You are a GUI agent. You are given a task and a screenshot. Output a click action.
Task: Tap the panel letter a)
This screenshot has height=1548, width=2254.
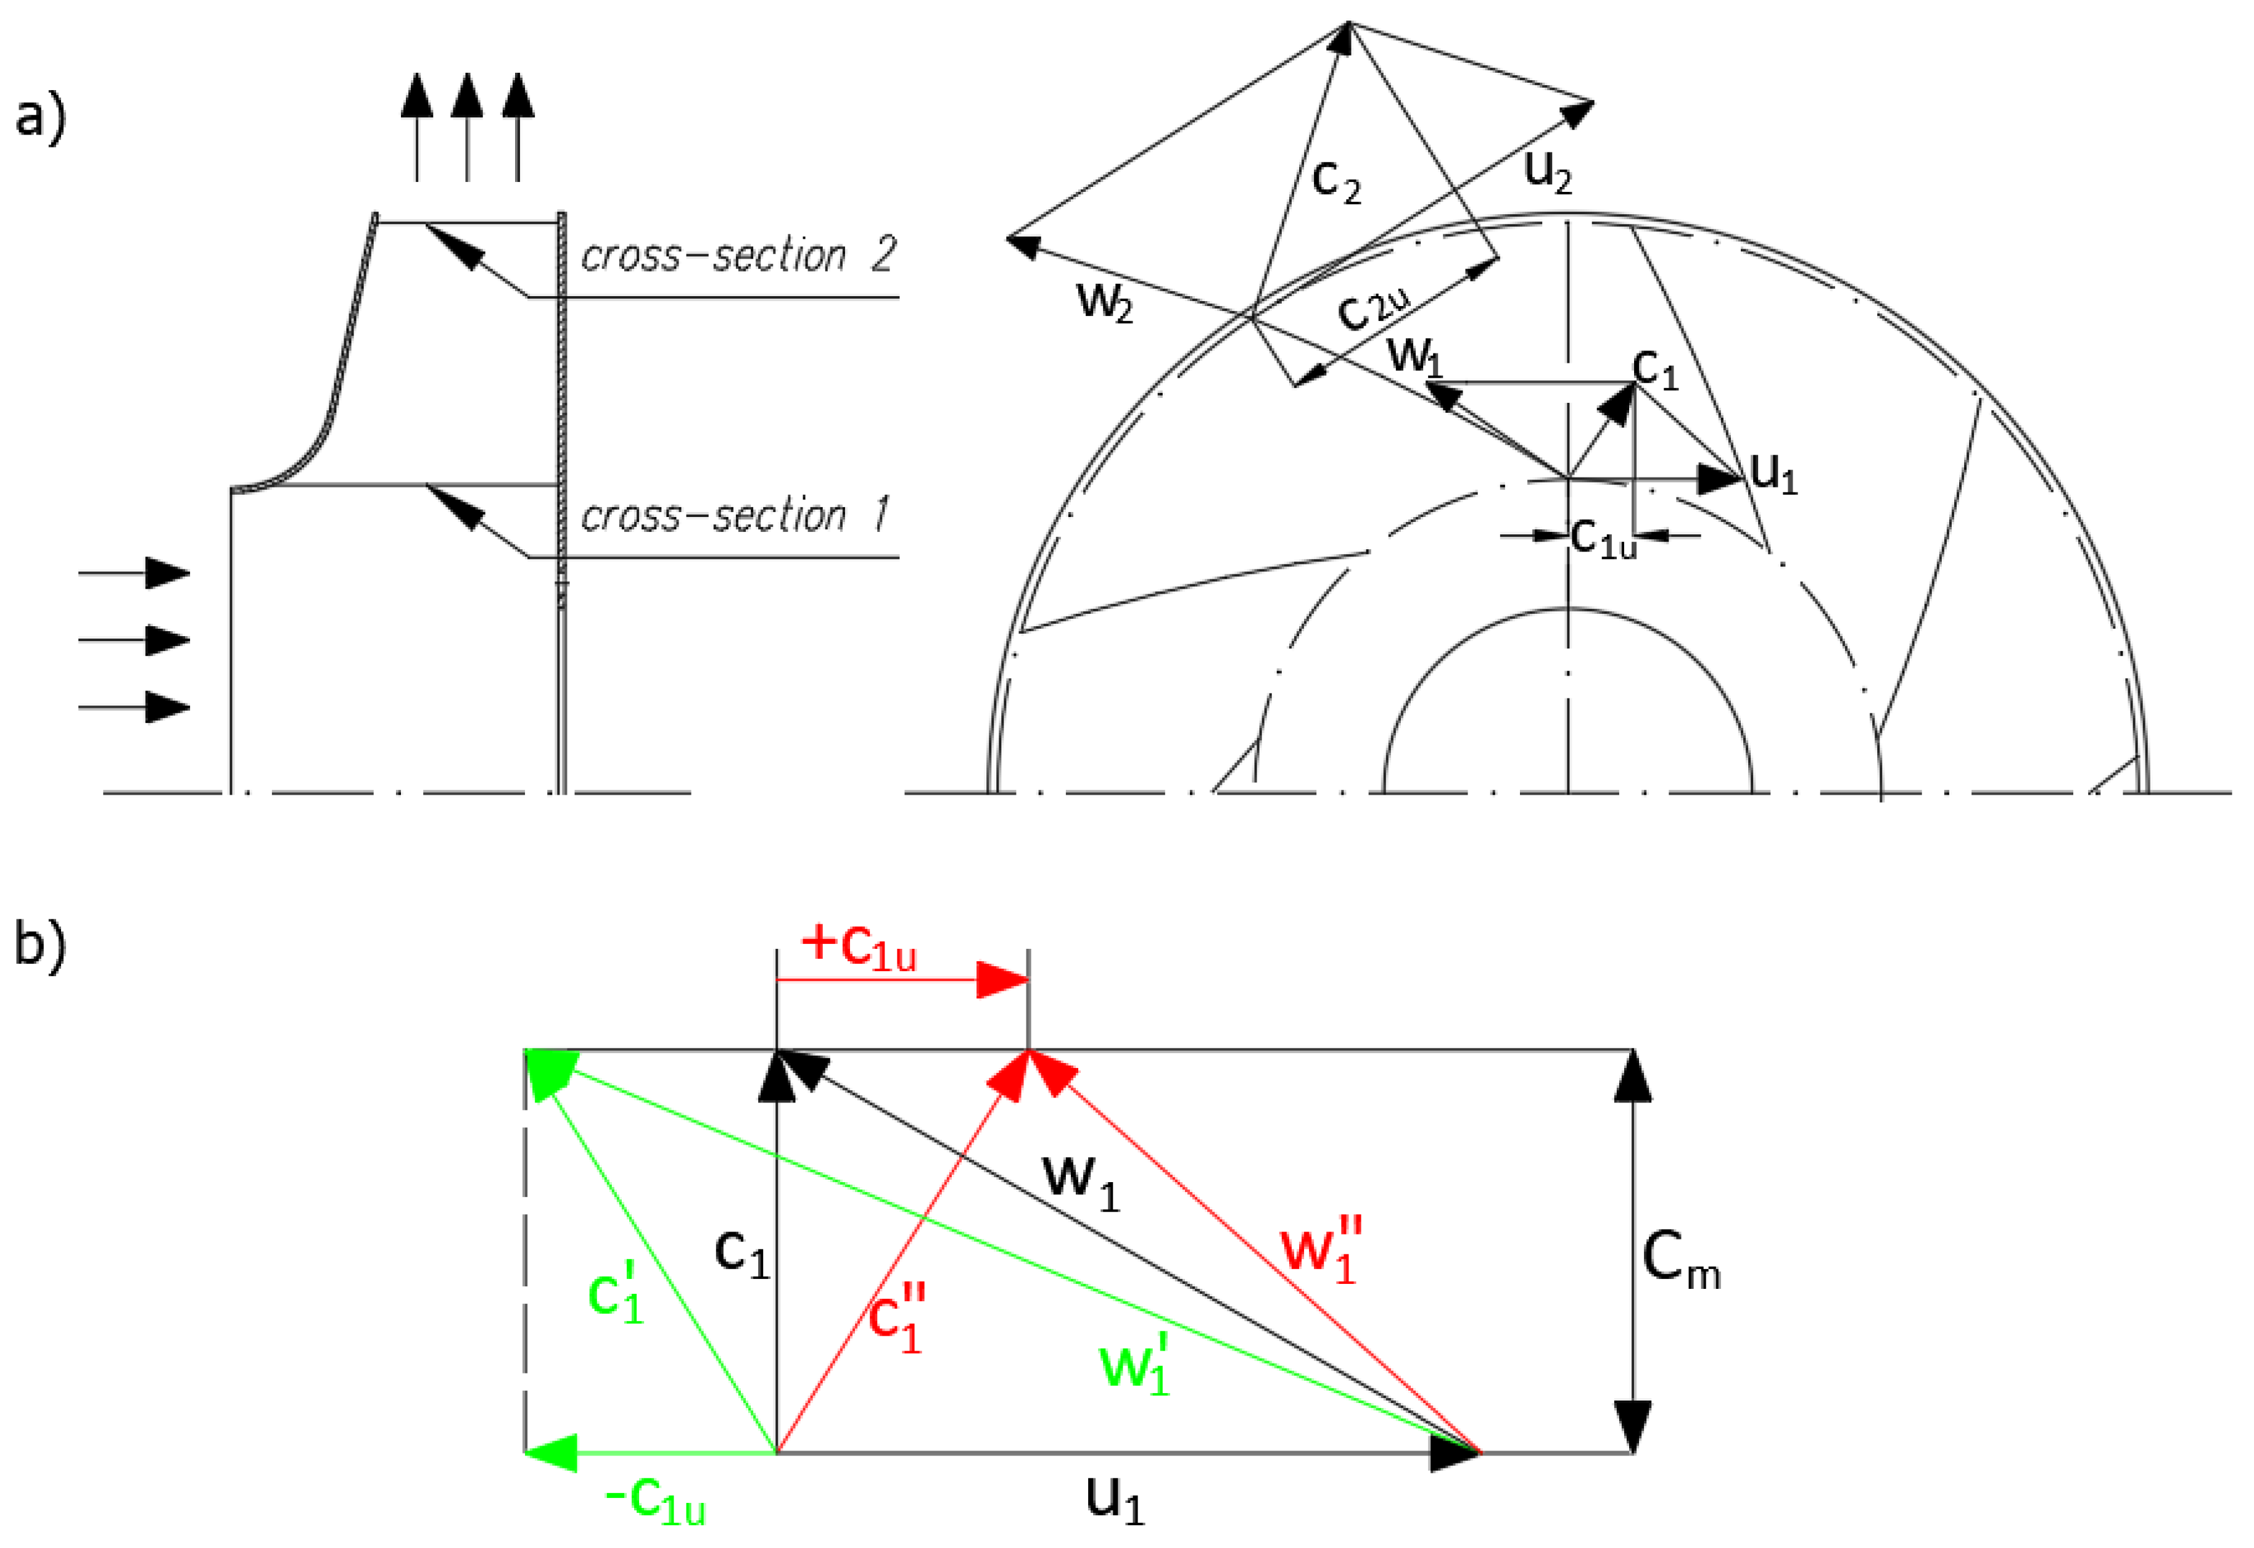tap(41, 118)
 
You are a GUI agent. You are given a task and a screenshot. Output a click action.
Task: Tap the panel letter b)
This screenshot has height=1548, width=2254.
tap(41, 943)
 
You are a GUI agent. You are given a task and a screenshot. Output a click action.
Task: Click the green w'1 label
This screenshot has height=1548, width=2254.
tap(1136, 1364)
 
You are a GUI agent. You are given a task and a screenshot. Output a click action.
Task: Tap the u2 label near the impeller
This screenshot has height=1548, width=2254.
tap(1548, 172)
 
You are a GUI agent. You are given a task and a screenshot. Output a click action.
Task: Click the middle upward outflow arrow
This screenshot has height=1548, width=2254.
tap(468, 126)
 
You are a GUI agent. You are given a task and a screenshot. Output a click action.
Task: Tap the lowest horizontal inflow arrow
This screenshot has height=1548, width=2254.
tap(136, 707)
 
